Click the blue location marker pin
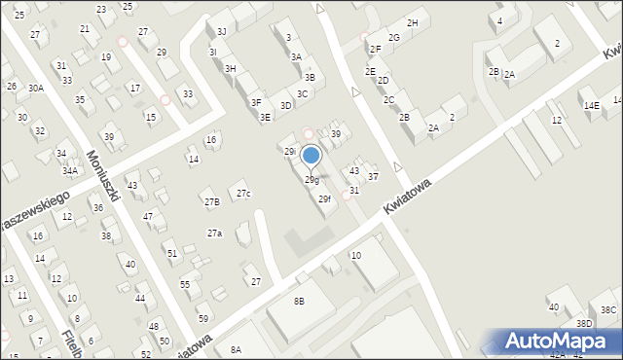[x=311, y=156]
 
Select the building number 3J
[x=221, y=32]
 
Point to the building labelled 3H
[x=231, y=68]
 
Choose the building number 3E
[x=265, y=117]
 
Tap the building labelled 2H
[x=413, y=22]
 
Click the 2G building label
[x=393, y=37]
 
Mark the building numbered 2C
[x=388, y=99]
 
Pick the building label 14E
[x=591, y=104]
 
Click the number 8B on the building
[x=300, y=303]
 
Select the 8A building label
[x=236, y=349]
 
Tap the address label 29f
[x=325, y=199]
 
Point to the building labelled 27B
[x=211, y=201]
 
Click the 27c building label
[x=243, y=194]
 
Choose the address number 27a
[x=214, y=233]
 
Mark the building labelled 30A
[x=35, y=88]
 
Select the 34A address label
[x=70, y=170]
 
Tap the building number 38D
[x=583, y=323]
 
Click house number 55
[x=185, y=284]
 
